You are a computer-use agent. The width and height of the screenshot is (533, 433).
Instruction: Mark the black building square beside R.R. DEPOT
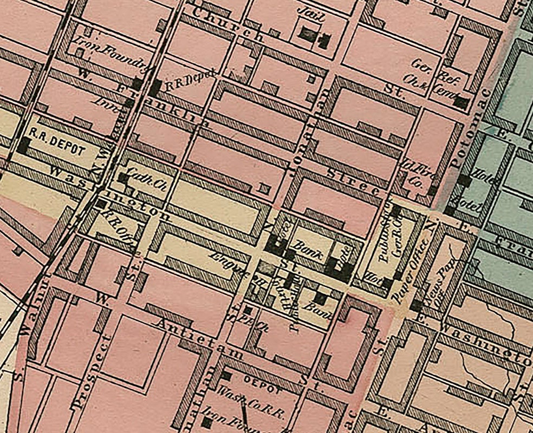click(x=23, y=145)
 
